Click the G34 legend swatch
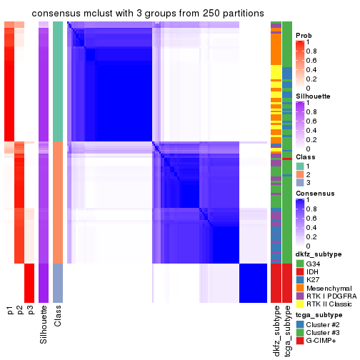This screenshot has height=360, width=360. pyautogui.click(x=300, y=264)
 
